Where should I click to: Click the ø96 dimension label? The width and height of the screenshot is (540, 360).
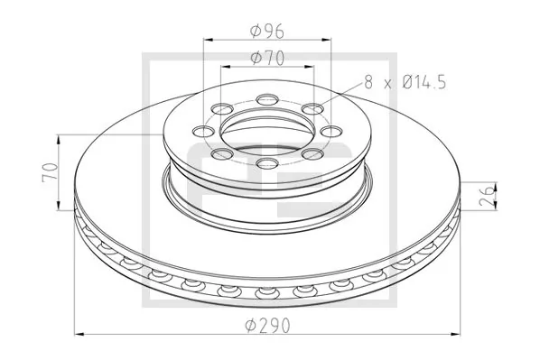[x=267, y=32]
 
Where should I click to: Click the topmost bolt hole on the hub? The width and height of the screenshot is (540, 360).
[x=267, y=99]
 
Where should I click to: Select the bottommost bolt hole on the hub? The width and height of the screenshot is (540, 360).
[x=266, y=163]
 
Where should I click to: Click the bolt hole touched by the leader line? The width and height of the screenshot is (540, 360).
[x=312, y=110]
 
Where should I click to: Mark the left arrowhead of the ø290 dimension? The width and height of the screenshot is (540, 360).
[x=77, y=334]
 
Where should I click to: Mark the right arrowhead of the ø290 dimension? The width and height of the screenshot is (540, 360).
[x=463, y=334]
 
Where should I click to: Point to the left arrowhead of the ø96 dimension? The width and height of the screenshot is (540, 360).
[x=209, y=41]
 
